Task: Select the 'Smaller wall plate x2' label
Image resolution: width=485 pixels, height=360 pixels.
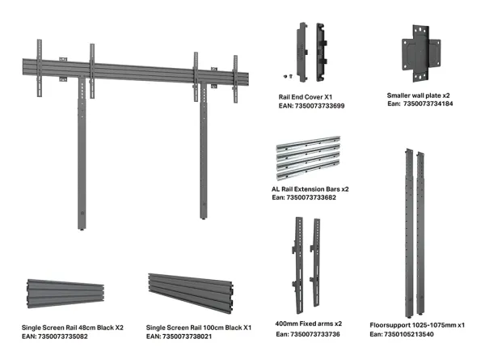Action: click(x=420, y=95)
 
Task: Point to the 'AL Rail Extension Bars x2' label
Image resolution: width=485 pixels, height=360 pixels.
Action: click(x=310, y=188)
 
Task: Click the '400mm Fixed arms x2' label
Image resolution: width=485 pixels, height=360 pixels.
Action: click(x=310, y=324)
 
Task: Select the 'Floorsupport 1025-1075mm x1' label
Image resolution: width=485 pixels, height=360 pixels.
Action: click(x=416, y=324)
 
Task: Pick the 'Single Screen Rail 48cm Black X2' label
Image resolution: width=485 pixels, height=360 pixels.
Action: click(x=73, y=328)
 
